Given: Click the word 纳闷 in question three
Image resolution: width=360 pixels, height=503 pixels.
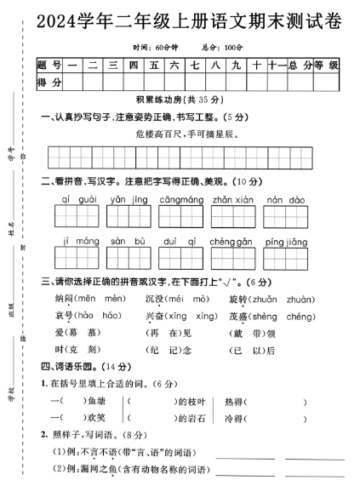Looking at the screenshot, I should (64, 299).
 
